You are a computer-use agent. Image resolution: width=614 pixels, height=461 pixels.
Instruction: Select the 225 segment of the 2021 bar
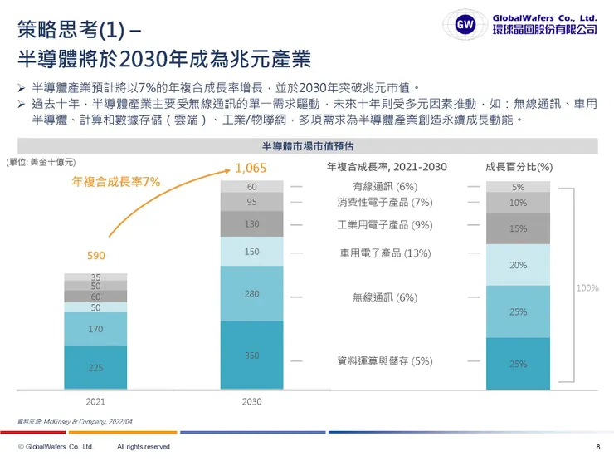(x=95, y=367)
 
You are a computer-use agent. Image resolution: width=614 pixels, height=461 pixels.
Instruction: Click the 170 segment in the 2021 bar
(x=95, y=329)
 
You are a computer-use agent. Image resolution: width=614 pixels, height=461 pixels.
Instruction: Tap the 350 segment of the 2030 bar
(x=251, y=356)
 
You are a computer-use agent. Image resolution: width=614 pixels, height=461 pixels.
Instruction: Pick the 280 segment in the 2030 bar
(x=251, y=293)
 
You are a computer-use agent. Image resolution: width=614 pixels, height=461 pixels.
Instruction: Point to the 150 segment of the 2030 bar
(x=251, y=252)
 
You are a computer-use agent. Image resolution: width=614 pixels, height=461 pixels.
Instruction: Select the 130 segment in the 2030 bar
(x=251, y=224)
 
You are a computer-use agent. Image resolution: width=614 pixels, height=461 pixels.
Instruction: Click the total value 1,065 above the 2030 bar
(x=251, y=169)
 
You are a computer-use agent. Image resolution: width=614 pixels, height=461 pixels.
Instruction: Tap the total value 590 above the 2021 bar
(x=96, y=255)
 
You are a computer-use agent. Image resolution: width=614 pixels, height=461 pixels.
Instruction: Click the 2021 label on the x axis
(x=95, y=401)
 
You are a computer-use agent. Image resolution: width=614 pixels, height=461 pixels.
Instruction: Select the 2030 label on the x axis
(x=251, y=401)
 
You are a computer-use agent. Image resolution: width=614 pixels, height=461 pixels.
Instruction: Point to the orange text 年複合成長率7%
(x=115, y=181)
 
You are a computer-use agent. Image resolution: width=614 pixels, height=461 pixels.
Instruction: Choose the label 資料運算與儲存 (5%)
(x=384, y=361)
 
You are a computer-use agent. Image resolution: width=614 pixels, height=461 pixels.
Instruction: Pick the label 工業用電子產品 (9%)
(x=384, y=224)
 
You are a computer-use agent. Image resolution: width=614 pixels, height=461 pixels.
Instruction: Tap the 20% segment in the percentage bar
(x=518, y=265)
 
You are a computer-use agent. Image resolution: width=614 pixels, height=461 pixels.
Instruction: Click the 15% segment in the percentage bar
(x=518, y=228)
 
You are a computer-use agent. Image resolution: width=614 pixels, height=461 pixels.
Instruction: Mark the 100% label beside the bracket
(x=587, y=288)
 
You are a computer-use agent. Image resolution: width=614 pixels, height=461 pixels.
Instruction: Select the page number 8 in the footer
(x=597, y=447)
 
